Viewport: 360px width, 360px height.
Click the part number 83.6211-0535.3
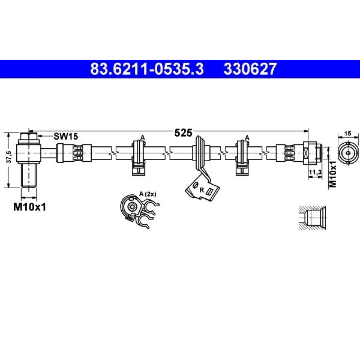click(147, 69)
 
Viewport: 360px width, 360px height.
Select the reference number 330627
click(250, 69)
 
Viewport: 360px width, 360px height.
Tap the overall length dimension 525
click(183, 133)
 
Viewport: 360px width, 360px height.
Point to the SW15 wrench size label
click(66, 136)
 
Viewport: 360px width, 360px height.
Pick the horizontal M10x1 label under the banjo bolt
click(30, 207)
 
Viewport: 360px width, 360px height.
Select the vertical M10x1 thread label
click(333, 174)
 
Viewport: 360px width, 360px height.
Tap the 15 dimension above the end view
click(348, 134)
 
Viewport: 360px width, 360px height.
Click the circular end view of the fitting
click(348, 153)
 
